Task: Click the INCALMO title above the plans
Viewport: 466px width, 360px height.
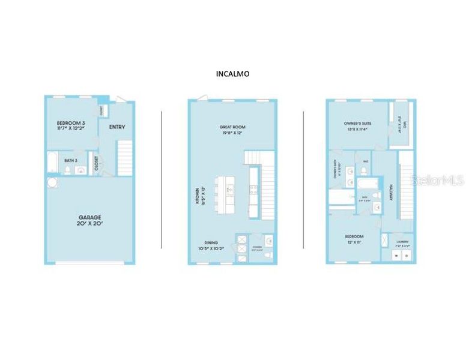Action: (x=232, y=74)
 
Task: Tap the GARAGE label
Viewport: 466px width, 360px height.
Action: (x=89, y=217)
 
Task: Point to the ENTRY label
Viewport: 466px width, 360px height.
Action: (x=117, y=127)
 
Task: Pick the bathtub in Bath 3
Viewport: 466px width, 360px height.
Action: (x=52, y=163)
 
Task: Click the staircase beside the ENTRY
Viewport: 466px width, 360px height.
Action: (x=124, y=157)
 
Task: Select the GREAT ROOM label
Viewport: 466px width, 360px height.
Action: (x=233, y=127)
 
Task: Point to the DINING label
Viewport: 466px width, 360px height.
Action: (x=210, y=242)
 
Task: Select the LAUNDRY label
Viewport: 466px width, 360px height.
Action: (x=401, y=241)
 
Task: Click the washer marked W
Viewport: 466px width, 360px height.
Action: (x=396, y=256)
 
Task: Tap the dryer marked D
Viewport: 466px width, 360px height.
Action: (x=406, y=256)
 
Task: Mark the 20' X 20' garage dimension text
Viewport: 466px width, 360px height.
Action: (x=89, y=224)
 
